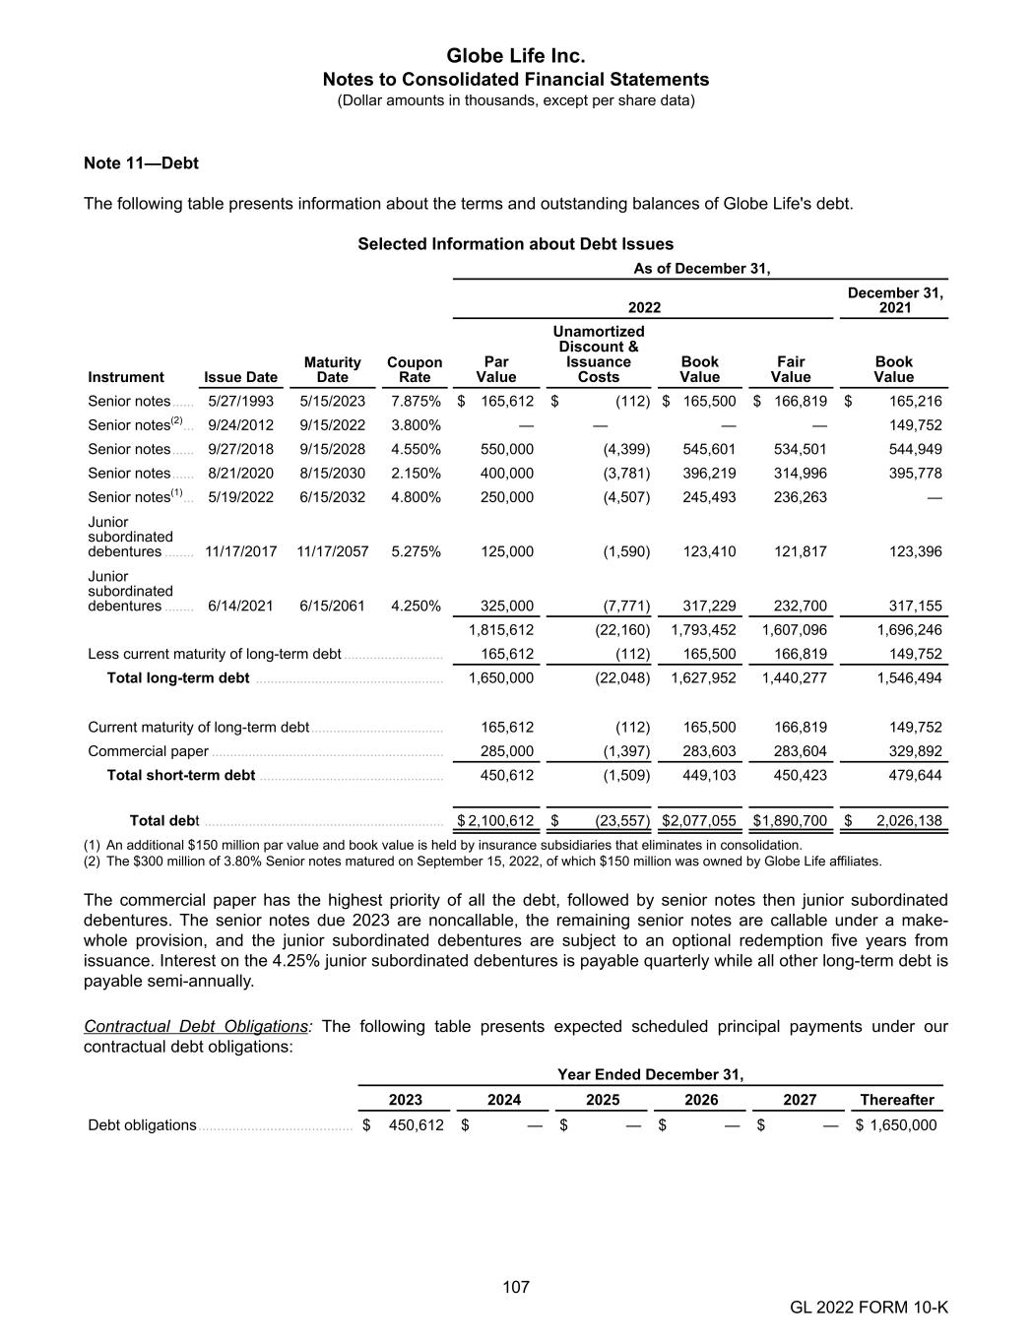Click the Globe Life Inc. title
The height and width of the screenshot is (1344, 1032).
coord(516,55)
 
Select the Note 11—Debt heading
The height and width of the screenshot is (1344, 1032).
coord(142,162)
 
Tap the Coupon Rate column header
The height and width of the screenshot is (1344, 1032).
coord(415,369)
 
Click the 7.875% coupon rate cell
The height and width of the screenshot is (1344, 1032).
coord(416,401)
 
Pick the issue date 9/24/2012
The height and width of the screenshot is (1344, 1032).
coord(241,425)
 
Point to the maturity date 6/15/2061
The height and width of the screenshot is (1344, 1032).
coord(332,606)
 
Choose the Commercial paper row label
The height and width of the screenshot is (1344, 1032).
coord(148,751)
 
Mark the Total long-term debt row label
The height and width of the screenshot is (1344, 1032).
coord(178,677)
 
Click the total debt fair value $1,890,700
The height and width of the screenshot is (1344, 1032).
coord(790,820)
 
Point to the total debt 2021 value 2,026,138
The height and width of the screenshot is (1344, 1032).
coord(904,820)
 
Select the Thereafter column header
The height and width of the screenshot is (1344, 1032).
coord(896,1100)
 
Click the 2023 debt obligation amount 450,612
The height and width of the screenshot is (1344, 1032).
coord(417,1124)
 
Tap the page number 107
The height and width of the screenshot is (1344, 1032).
coord(516,1286)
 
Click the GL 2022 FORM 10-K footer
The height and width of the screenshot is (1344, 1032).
coord(869,1307)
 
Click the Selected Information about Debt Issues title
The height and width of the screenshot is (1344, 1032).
coord(516,243)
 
